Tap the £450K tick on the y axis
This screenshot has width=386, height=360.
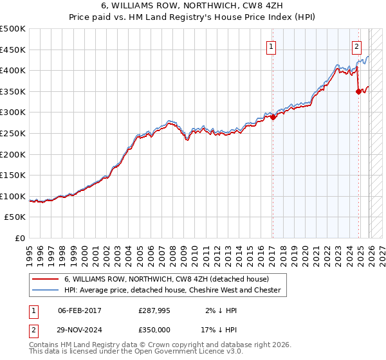(13, 50)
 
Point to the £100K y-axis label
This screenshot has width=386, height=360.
(13, 196)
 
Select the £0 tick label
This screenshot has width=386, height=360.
(19, 238)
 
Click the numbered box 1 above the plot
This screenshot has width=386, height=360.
(271, 46)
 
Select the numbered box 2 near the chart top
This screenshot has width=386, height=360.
(356, 46)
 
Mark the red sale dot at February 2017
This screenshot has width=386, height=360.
(272, 117)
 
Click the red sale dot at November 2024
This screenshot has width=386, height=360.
(358, 91)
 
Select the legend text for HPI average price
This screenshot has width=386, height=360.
(172, 290)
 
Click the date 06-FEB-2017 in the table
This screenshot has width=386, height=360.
(79, 310)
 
